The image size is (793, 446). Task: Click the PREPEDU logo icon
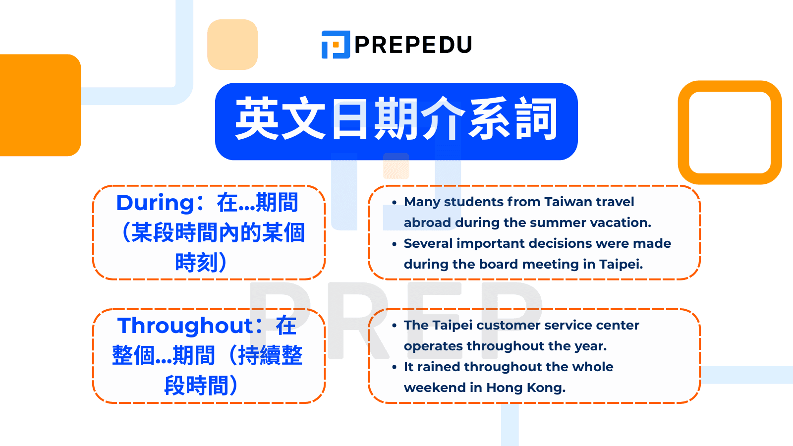tap(336, 45)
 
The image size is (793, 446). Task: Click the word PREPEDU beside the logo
tap(413, 45)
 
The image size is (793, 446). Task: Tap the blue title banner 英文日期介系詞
tap(396, 121)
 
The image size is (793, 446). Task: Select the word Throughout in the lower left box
tap(185, 326)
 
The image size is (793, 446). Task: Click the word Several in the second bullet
tap(428, 244)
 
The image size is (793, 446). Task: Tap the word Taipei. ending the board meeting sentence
tap(621, 265)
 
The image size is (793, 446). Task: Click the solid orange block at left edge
tap(40, 105)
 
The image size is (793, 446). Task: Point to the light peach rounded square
tap(232, 45)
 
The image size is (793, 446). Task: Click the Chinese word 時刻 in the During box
tap(196, 263)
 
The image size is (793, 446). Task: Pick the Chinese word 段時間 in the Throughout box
tap(196, 386)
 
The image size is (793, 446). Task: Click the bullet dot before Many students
tap(395, 203)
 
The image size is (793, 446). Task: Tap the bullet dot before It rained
tap(395, 368)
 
